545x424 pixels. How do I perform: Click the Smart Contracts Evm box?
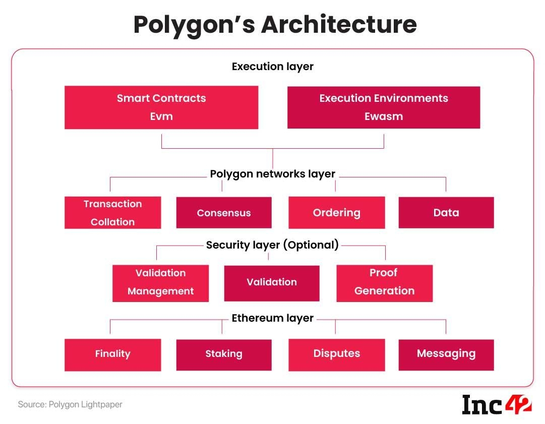(x=161, y=107)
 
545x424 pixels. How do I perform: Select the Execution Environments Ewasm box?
(x=384, y=107)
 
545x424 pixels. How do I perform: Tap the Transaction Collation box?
(x=112, y=213)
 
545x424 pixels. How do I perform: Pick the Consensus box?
(x=224, y=213)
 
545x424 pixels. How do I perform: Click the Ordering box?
(x=336, y=213)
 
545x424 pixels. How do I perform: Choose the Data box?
(x=446, y=213)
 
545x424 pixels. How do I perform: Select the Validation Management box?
(x=160, y=283)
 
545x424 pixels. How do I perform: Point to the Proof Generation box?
(x=384, y=283)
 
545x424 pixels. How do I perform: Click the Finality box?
(x=112, y=355)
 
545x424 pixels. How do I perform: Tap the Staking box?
(x=224, y=355)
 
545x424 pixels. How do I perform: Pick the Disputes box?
(x=336, y=355)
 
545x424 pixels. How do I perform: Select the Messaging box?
(x=446, y=355)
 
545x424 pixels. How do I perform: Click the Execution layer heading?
(x=272, y=67)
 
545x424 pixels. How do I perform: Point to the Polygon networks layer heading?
(x=272, y=174)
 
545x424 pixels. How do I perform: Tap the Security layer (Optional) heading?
(x=272, y=245)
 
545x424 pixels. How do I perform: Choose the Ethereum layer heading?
(x=272, y=318)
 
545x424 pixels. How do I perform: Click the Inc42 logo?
(x=497, y=404)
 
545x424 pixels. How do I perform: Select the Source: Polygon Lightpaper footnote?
(x=70, y=404)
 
